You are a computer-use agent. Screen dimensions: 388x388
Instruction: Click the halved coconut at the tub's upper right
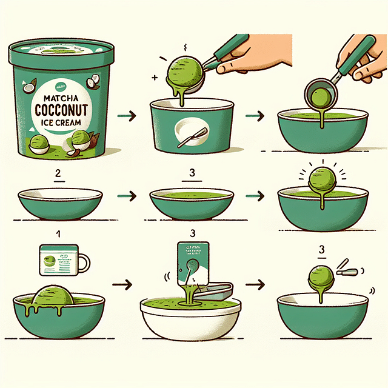93,82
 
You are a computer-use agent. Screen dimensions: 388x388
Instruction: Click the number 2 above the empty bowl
58,174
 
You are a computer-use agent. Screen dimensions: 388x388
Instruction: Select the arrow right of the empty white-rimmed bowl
125,196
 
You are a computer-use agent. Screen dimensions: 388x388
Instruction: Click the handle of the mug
84,263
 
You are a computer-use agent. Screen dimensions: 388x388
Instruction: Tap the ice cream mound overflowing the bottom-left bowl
53,297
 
